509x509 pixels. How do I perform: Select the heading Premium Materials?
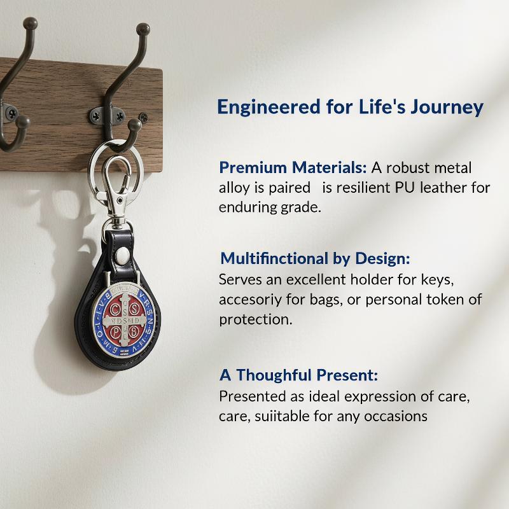[293, 167]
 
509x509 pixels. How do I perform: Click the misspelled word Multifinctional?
[274, 259]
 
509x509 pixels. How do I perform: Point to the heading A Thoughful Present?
[298, 375]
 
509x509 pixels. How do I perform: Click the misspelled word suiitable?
[282, 416]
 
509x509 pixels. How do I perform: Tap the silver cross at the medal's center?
[124, 321]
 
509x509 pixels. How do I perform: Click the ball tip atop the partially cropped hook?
[30, 24]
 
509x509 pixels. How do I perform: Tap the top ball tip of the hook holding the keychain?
[143, 29]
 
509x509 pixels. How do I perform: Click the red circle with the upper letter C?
[115, 309]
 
